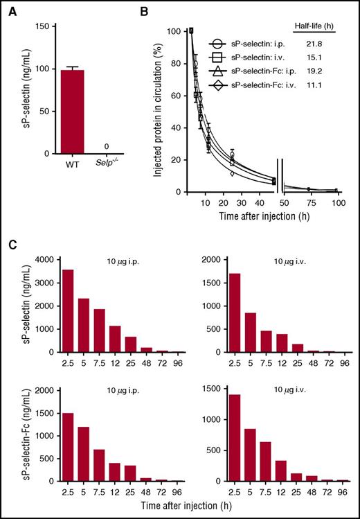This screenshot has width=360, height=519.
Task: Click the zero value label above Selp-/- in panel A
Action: [105, 146]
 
